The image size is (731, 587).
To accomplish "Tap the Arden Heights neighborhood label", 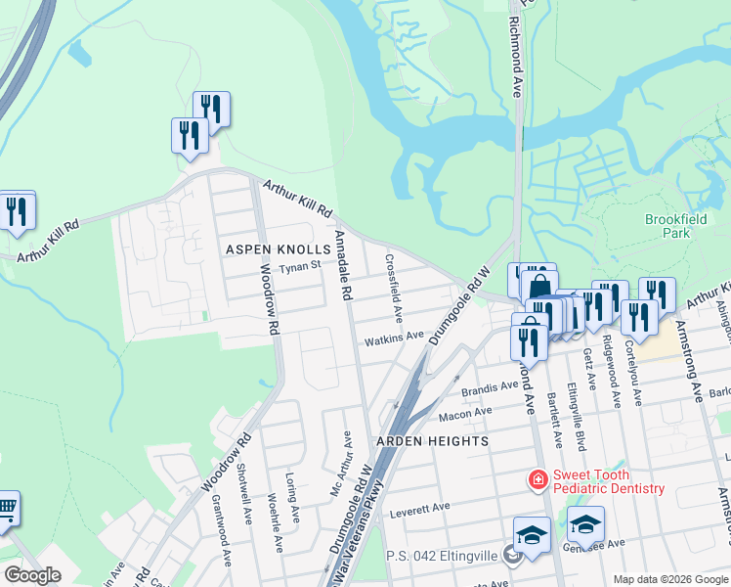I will pos(437,441).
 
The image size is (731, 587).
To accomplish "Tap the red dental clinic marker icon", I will pos(537,480).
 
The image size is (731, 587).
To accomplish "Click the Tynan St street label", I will pos(299,266).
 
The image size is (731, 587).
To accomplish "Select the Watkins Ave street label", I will pos(394,338).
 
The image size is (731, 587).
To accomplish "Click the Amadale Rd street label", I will pos(342,266).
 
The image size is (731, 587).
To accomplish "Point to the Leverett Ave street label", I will pos(418,507).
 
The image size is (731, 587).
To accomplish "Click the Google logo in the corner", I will pos(32,575).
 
